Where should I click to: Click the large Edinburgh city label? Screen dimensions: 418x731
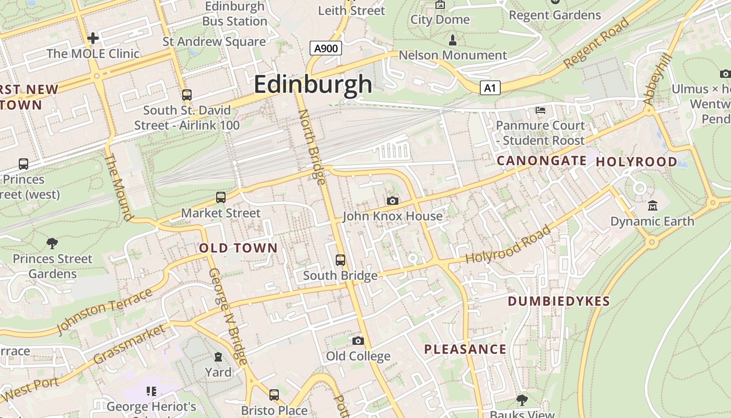pyautogui.click(x=313, y=85)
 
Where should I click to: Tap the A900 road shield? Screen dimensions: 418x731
pyautogui.click(x=325, y=49)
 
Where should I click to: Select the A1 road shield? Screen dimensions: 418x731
pyautogui.click(x=489, y=88)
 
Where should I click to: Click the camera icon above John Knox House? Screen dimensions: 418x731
pyautogui.click(x=393, y=201)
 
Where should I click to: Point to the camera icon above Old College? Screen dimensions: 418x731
pyautogui.click(x=358, y=341)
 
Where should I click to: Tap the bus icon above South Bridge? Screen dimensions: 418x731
pyautogui.click(x=340, y=260)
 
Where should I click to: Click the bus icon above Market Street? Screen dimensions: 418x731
pyautogui.click(x=221, y=198)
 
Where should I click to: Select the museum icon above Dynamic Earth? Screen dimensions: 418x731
pyautogui.click(x=652, y=205)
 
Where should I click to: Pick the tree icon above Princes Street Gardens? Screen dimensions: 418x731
pyautogui.click(x=52, y=243)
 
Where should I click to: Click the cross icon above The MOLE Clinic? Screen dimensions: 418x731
pyautogui.click(x=93, y=38)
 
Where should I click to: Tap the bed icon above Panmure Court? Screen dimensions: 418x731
pyautogui.click(x=540, y=110)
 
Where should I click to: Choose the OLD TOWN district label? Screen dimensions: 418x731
pyautogui.click(x=238, y=248)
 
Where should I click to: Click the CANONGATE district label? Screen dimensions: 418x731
pyautogui.click(x=541, y=161)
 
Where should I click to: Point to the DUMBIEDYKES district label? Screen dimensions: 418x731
pyautogui.click(x=559, y=301)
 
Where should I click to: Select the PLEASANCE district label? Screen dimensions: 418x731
pyautogui.click(x=465, y=350)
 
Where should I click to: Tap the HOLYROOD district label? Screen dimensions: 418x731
pyautogui.click(x=636, y=162)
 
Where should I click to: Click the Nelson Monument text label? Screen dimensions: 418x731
pyautogui.click(x=453, y=55)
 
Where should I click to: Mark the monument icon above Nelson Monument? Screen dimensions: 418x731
pyautogui.click(x=453, y=40)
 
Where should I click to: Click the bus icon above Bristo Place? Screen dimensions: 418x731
pyautogui.click(x=274, y=395)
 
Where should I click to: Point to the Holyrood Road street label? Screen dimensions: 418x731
pyautogui.click(x=508, y=245)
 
